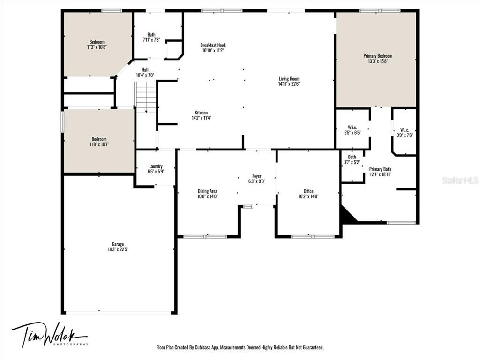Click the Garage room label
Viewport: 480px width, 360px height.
(118, 244)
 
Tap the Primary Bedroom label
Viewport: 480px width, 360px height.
(378, 56)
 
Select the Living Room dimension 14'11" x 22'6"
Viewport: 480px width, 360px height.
(289, 84)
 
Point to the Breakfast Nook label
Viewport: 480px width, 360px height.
(213, 45)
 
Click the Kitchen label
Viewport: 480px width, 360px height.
(201, 112)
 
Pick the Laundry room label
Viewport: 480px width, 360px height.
(156, 166)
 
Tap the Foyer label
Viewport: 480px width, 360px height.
(256, 176)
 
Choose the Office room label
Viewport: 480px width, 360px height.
(308, 191)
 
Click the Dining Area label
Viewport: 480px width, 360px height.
(207, 191)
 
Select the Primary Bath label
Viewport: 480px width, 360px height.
(380, 169)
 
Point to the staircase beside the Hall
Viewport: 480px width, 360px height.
(146, 97)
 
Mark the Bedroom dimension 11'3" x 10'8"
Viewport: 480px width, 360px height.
(97, 47)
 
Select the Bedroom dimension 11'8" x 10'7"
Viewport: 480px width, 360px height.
(99, 144)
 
